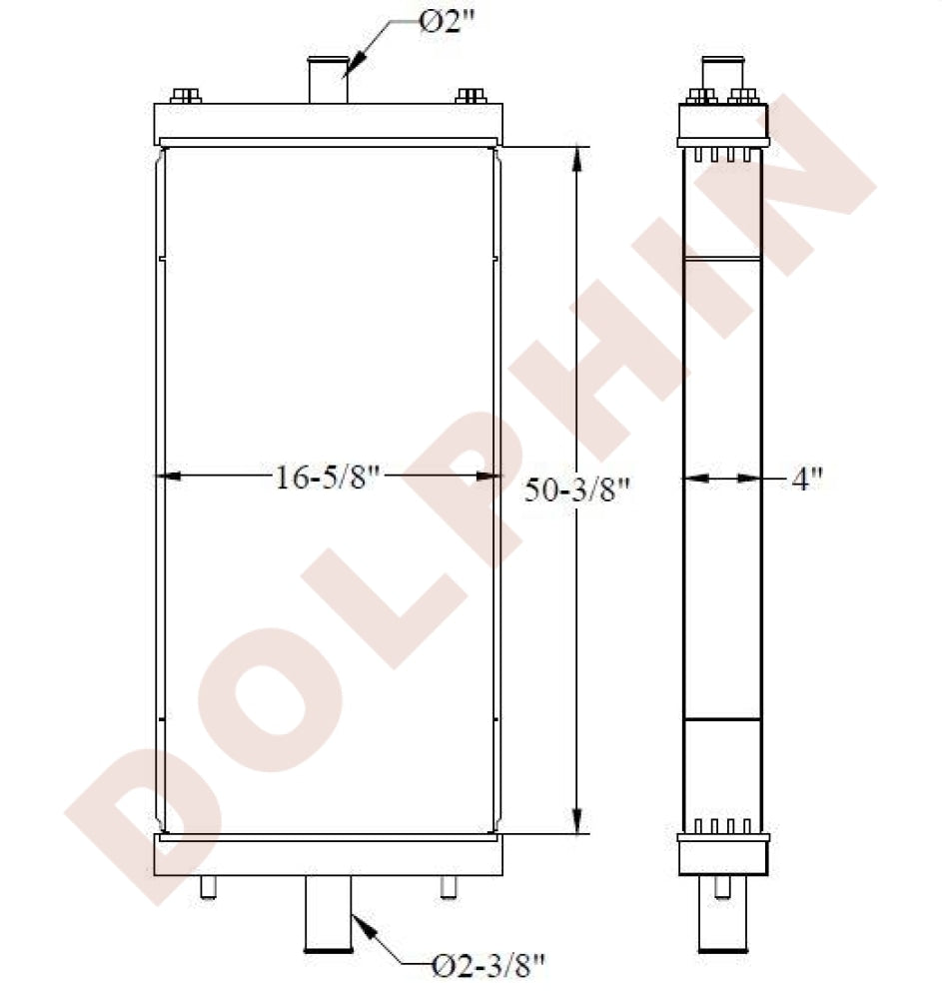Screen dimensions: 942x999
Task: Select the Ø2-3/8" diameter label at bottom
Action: coord(488,966)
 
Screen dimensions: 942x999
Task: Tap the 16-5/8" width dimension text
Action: coord(328,477)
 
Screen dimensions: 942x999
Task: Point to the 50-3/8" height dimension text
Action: coord(577,490)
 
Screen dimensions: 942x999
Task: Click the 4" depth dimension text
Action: coord(807,478)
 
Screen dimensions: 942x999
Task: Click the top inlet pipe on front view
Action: coord(328,80)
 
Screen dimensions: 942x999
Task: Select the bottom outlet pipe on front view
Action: coord(328,914)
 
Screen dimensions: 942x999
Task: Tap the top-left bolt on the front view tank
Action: coord(186,96)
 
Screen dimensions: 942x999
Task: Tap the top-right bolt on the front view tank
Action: coord(471,96)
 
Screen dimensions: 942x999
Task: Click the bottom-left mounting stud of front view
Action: coord(208,887)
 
